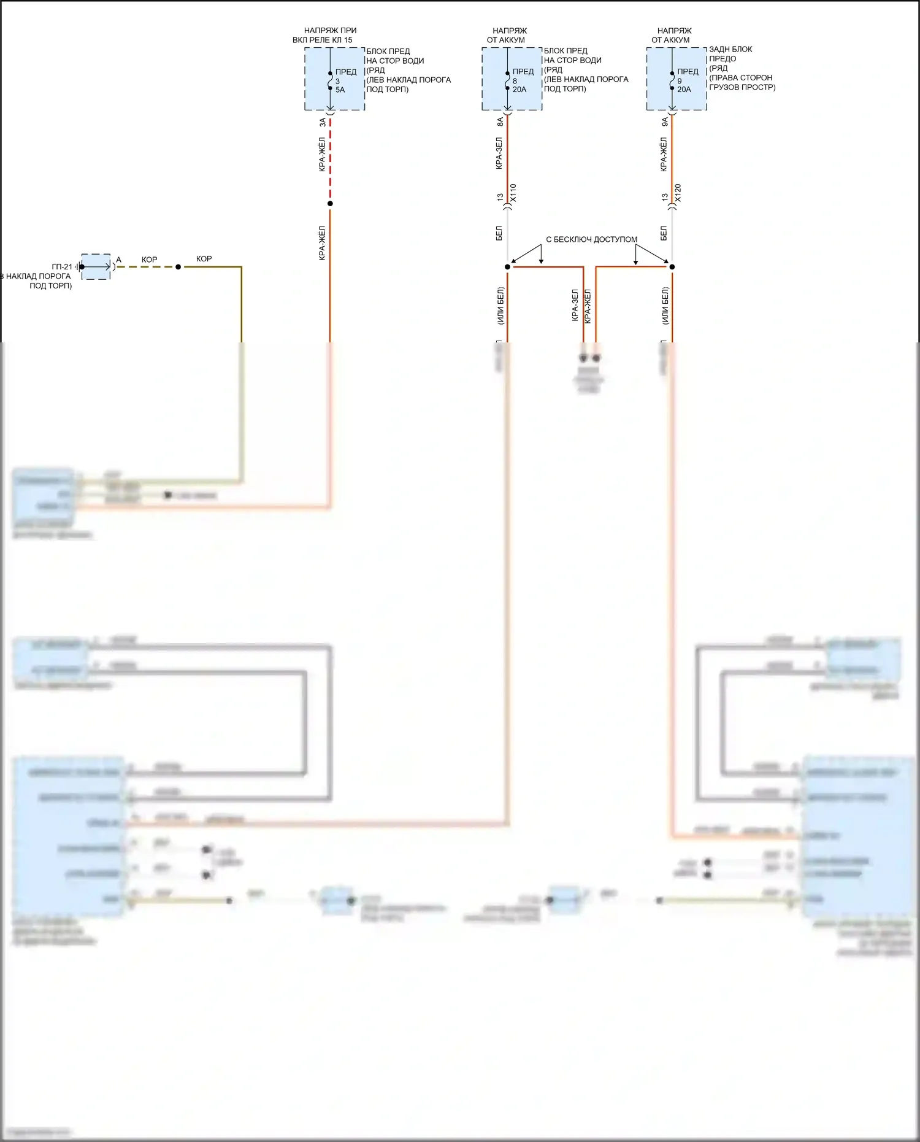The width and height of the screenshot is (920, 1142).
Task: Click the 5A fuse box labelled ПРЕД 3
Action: (x=334, y=79)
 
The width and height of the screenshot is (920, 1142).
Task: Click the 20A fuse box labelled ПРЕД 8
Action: (x=512, y=79)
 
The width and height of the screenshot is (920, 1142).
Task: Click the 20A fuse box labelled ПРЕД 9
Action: (x=677, y=79)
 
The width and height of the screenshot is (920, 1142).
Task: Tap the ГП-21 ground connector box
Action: (x=96, y=267)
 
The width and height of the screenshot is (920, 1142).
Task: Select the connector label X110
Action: (x=513, y=193)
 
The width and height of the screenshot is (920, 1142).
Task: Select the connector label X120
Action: (x=678, y=193)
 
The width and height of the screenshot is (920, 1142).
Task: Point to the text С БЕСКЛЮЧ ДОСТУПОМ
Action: (x=591, y=239)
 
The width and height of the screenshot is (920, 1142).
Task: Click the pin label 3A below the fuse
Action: (x=323, y=123)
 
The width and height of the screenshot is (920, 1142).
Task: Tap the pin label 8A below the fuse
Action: (x=500, y=122)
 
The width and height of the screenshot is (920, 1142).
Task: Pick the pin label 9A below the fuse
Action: (x=664, y=122)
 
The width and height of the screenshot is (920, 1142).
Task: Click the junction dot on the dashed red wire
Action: (x=330, y=204)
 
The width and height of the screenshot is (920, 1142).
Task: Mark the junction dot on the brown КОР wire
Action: (x=178, y=267)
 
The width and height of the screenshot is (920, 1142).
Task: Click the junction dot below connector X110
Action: (x=507, y=267)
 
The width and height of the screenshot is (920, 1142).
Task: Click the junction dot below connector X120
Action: (x=672, y=267)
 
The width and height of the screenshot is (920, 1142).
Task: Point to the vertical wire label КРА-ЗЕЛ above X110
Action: (x=499, y=153)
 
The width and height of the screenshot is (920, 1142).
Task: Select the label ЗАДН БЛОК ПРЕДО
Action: (x=730, y=54)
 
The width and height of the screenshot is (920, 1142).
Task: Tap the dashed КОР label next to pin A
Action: (x=149, y=260)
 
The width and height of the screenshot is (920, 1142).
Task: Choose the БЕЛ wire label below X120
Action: (x=664, y=233)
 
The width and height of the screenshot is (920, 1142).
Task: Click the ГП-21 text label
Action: (x=62, y=267)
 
